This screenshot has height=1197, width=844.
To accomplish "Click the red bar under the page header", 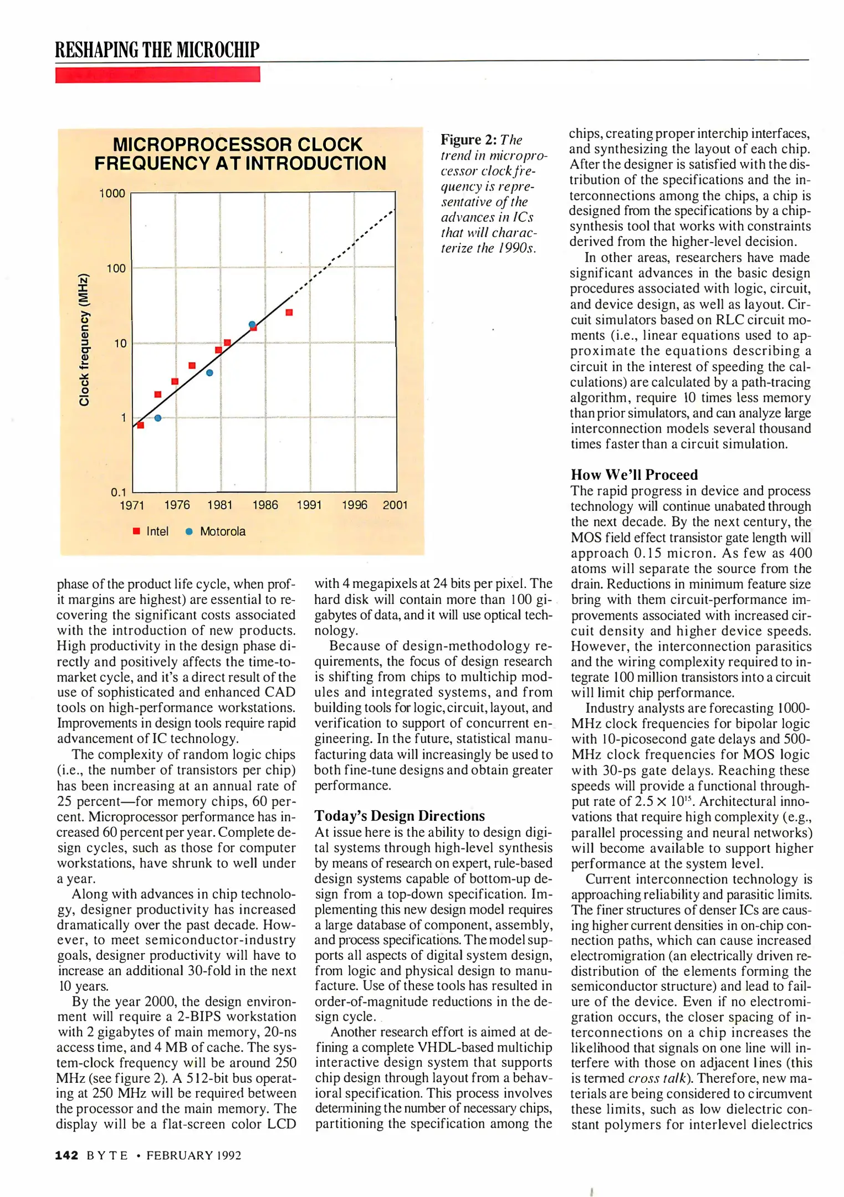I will pyautogui.click(x=157, y=75).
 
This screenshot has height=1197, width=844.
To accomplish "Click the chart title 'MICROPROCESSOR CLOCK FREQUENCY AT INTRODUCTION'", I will pyautogui.click(x=239, y=154).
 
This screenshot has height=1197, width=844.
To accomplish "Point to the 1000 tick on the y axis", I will pyautogui.click(x=112, y=193).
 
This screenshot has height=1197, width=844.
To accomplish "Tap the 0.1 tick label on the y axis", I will pyautogui.click(x=118, y=492).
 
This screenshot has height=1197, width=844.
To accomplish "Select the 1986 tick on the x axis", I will pyautogui.click(x=265, y=505).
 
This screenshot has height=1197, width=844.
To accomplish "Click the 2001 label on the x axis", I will pyautogui.click(x=395, y=505).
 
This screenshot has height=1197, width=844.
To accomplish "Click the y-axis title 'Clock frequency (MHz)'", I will pyautogui.click(x=84, y=340).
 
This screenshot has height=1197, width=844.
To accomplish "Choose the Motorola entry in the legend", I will pyautogui.click(x=216, y=531).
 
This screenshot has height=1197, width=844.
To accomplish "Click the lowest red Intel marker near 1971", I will pyautogui.click(x=141, y=425).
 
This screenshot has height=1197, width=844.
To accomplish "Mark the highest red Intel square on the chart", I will pyautogui.click(x=289, y=313).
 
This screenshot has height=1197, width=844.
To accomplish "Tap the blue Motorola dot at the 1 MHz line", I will pyautogui.click(x=158, y=418).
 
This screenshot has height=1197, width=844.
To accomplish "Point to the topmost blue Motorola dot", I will pyautogui.click(x=252, y=324).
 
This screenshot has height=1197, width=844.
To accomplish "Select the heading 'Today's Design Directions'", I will pyautogui.click(x=400, y=816).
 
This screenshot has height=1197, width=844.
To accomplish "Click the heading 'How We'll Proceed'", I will pyautogui.click(x=634, y=475).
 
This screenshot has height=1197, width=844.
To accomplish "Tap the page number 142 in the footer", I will pyautogui.click(x=67, y=1155).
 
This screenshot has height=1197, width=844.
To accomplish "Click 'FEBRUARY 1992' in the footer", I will pyautogui.click(x=193, y=1155).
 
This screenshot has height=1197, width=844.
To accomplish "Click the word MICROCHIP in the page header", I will pyautogui.click(x=218, y=50).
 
